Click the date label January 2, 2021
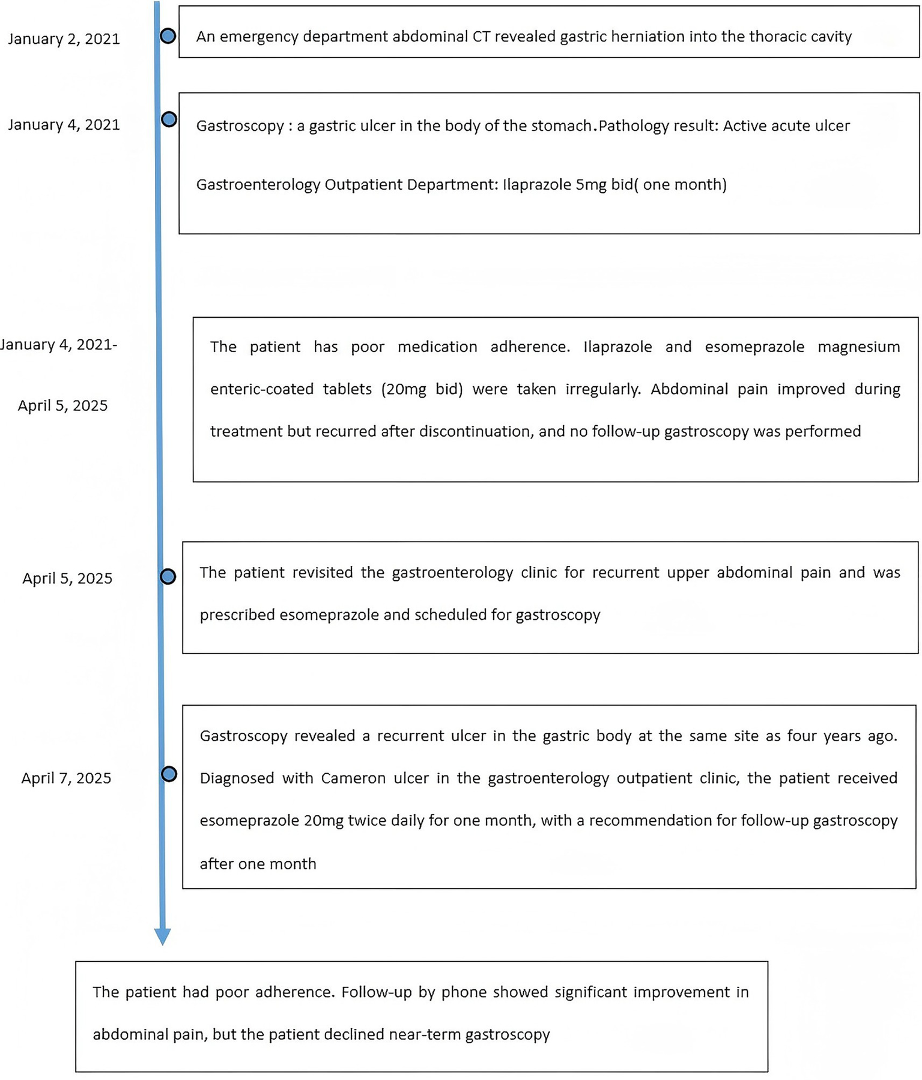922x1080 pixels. click(64, 39)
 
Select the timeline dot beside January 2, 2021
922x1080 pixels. click(168, 36)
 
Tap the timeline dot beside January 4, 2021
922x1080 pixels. click(169, 119)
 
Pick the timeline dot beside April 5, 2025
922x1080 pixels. click(168, 577)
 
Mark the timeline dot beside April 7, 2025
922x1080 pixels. click(169, 774)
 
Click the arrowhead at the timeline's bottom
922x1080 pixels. click(162, 936)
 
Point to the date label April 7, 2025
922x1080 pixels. click(66, 778)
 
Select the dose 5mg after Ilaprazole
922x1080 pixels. click(591, 184)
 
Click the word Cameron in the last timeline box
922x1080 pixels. click(354, 778)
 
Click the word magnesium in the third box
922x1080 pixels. click(858, 347)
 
